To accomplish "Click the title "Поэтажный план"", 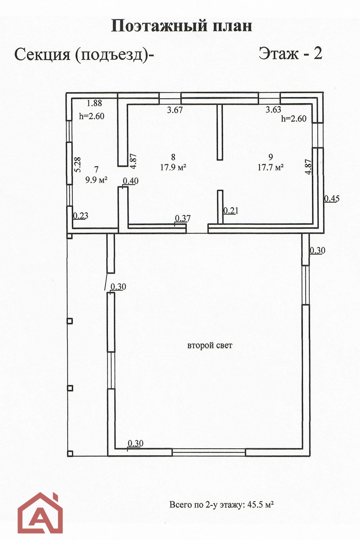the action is (181, 26).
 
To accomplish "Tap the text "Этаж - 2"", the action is (291, 54).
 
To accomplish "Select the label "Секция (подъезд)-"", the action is (84, 55).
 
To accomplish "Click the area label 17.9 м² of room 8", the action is (173, 167).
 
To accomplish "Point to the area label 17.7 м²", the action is (271, 167).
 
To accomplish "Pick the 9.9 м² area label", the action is (96, 180).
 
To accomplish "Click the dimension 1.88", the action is (94, 103).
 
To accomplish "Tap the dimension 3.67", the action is (175, 110).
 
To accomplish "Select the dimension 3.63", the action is (274, 109).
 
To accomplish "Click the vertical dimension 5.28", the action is (78, 165).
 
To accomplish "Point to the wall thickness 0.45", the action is (332, 199).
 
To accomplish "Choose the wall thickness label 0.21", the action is (231, 211).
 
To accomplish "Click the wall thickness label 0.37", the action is (183, 219).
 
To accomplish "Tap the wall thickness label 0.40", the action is (131, 181).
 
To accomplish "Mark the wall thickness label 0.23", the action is (81, 216).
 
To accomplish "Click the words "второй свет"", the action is (210, 346).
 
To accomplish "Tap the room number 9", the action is (271, 157).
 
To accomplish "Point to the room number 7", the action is (96, 170).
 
